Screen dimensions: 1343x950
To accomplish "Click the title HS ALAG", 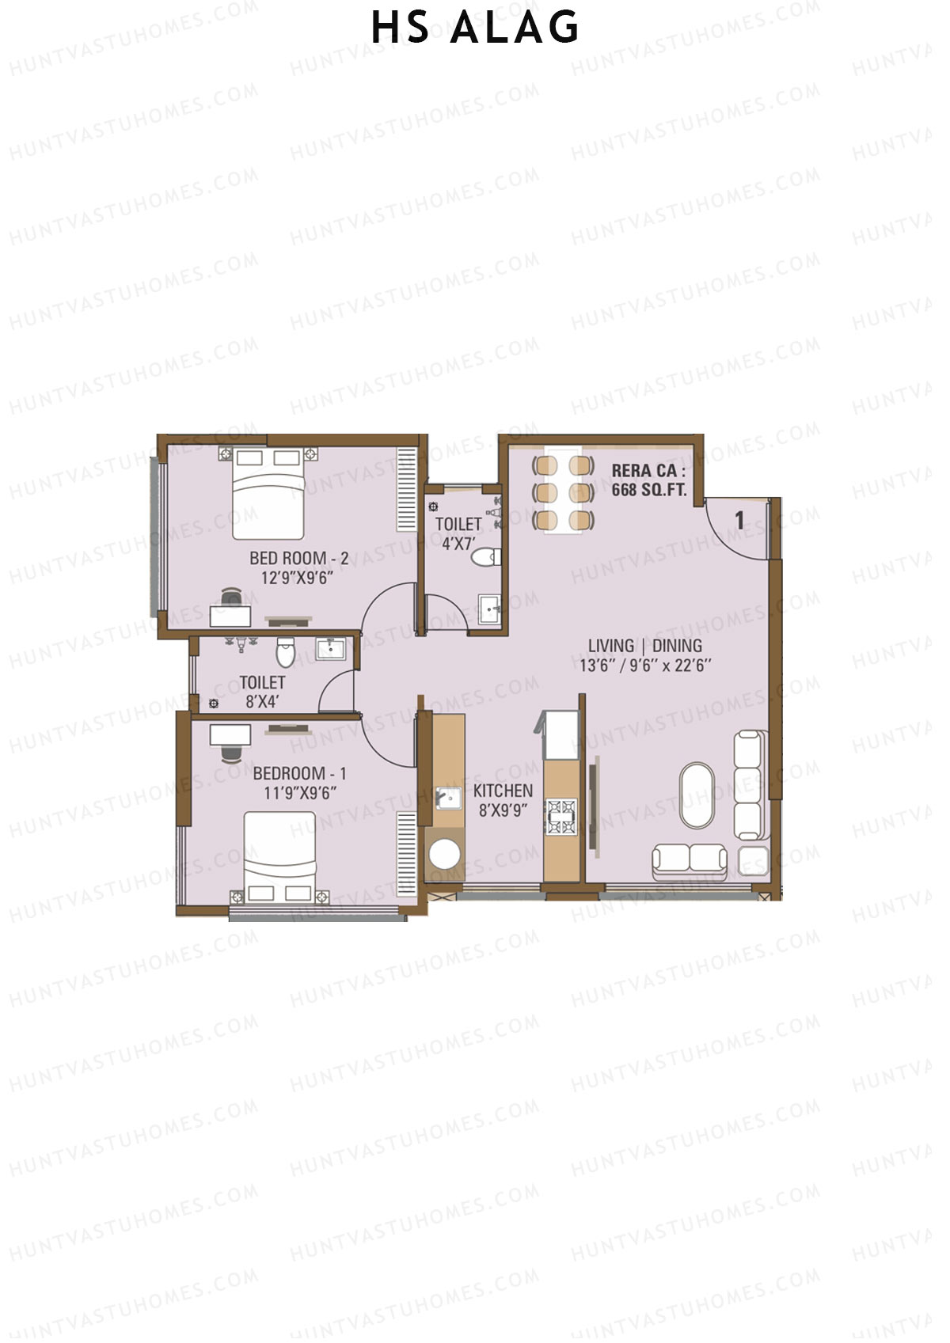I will [x=475, y=28].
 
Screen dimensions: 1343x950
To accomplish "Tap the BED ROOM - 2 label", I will [x=298, y=558].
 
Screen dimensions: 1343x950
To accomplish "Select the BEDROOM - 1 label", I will [x=299, y=773].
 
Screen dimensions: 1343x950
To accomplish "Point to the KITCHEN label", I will [x=503, y=791].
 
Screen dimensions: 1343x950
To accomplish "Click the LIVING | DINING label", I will [x=644, y=646].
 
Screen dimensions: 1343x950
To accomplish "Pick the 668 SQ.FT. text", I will [x=648, y=490].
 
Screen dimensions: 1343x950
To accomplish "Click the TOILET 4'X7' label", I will [x=458, y=533].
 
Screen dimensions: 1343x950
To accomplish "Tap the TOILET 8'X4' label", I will [x=262, y=692].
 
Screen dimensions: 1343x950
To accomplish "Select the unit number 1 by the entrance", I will [x=739, y=521].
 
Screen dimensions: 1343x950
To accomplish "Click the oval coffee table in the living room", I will [x=697, y=795].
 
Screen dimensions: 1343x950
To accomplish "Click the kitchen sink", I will [x=448, y=798].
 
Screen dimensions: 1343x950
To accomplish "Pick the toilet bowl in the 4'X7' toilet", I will [x=484, y=557].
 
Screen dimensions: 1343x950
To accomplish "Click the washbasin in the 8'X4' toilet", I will [x=329, y=650].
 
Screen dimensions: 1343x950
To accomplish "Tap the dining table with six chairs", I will [x=563, y=492].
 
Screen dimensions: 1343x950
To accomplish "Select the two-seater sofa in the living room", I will [x=689, y=860].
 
